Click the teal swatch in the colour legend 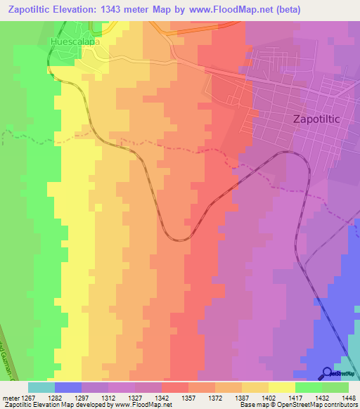click(41, 387)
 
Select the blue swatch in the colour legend click(67, 387)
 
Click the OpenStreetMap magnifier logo click(328, 373)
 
